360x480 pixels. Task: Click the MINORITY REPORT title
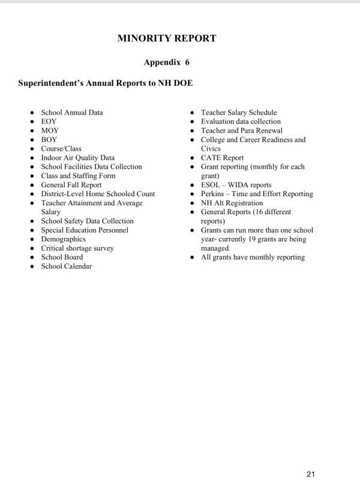pos(167,38)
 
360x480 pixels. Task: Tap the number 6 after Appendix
pos(187,62)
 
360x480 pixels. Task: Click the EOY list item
pos(49,121)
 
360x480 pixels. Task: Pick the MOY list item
pos(50,130)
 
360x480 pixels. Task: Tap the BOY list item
pos(49,139)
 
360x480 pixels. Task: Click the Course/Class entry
pos(61,148)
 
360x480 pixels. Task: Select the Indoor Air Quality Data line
pos(77,158)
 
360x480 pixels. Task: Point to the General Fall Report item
pos(71,185)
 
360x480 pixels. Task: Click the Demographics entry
pos(63,239)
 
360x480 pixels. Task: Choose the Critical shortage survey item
pos(77,248)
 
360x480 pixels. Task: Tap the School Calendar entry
pos(67,266)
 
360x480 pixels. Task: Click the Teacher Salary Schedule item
pos(239,112)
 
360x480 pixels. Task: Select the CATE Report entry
pos(222,158)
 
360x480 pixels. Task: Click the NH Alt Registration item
pos(232,203)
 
